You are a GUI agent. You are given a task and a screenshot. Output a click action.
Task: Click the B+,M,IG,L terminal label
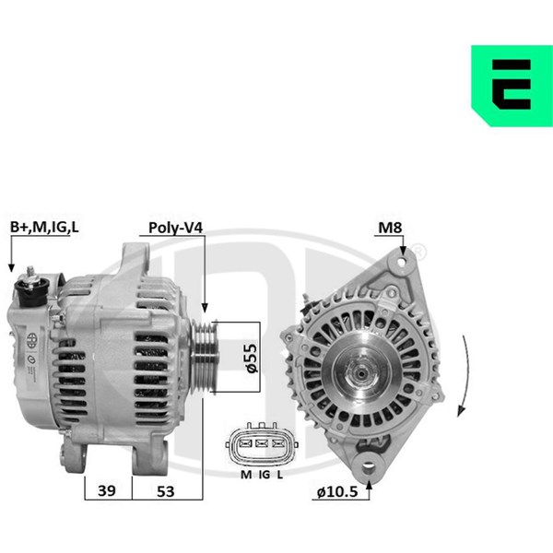tap(44, 228)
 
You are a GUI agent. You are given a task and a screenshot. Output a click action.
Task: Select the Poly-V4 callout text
tap(176, 228)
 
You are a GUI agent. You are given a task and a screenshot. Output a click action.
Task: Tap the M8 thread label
tap(390, 228)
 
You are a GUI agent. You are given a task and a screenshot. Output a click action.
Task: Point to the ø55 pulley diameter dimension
tap(252, 358)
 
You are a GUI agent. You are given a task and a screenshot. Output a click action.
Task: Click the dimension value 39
tap(107, 490)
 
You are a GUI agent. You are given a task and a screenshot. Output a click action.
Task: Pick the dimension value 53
tap(165, 491)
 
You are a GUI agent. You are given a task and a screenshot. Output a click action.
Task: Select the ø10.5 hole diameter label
tap(337, 491)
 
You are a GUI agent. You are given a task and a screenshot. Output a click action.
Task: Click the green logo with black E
tap(512, 86)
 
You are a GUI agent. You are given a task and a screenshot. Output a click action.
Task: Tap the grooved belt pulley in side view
tap(203, 357)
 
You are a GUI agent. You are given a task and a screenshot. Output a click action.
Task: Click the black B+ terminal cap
tap(33, 292)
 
